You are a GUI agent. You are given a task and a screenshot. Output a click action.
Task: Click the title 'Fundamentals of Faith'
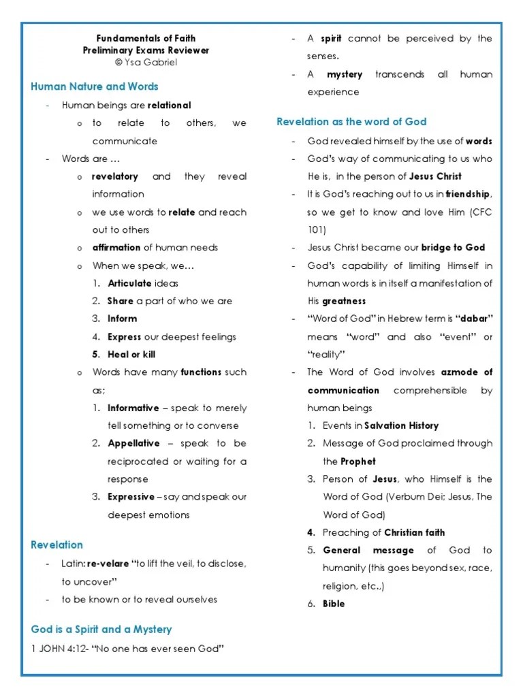pyautogui.click(x=146, y=38)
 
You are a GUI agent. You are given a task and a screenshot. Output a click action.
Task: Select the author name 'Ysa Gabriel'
pyautogui.click(x=150, y=62)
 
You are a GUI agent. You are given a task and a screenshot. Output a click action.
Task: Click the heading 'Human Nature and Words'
pyautogui.click(x=95, y=86)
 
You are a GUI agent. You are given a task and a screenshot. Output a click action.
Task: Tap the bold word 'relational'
pyautogui.click(x=169, y=106)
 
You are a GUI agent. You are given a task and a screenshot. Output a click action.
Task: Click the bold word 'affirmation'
pyautogui.click(x=116, y=248)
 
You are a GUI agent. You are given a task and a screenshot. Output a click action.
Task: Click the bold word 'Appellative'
pyautogui.click(x=133, y=443)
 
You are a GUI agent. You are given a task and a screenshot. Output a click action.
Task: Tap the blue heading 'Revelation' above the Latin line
pyautogui.click(x=57, y=545)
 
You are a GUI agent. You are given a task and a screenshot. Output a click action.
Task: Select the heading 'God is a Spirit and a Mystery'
pyautogui.click(x=101, y=630)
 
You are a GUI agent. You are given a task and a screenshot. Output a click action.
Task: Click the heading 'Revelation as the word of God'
pyautogui.click(x=351, y=121)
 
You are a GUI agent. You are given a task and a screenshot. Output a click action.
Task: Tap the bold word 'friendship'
pyautogui.click(x=468, y=195)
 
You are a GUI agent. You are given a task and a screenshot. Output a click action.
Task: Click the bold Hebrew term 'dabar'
pyautogui.click(x=474, y=319)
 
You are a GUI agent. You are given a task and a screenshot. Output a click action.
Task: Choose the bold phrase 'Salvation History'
pyautogui.click(x=402, y=425)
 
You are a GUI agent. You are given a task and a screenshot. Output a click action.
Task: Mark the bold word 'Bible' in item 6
pyautogui.click(x=334, y=604)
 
